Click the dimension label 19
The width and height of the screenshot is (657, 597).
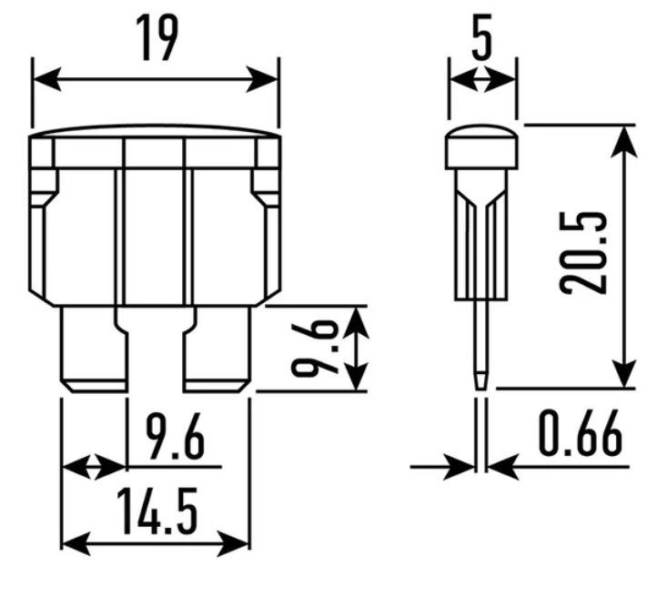157,37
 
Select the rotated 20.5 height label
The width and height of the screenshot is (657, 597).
582,253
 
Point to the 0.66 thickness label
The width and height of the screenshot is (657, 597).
580,433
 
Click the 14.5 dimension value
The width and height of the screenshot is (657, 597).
157,511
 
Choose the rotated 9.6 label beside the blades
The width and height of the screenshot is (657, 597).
315,349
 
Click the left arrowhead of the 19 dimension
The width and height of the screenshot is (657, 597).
47,78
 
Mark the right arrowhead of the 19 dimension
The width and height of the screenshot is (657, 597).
263,78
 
